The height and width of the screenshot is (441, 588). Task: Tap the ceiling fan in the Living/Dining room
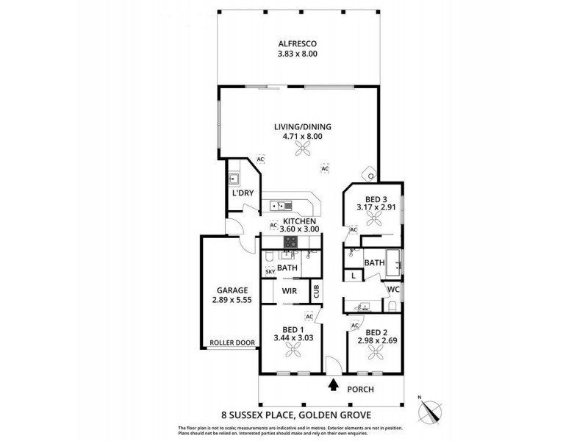(x=302, y=150)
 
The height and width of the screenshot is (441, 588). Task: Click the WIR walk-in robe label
(x=289, y=291)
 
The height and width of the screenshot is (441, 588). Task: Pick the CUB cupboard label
(x=316, y=290)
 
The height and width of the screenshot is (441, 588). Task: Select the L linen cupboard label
(x=353, y=276)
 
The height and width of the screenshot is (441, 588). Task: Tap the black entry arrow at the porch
(x=334, y=383)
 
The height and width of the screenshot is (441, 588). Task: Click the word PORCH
(x=361, y=389)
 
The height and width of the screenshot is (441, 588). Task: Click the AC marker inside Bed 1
(x=309, y=316)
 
